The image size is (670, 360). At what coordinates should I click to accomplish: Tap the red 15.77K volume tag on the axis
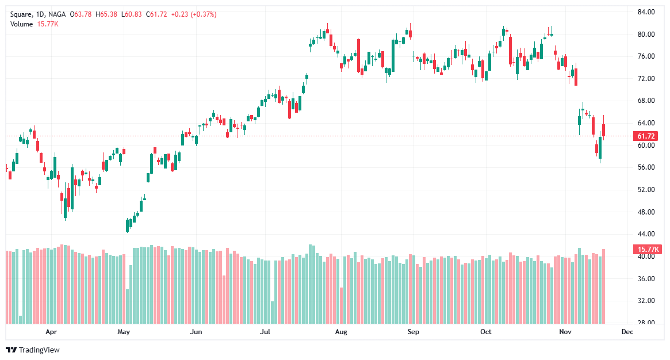(646, 250)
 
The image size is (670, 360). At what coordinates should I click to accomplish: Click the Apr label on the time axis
(52, 332)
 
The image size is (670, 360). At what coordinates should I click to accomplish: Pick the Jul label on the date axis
(265, 332)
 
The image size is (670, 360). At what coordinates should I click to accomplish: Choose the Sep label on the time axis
(412, 332)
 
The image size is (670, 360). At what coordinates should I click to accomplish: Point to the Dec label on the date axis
(627, 332)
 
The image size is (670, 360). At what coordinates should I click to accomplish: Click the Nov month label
(565, 332)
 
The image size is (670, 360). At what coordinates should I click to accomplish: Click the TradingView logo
(33, 350)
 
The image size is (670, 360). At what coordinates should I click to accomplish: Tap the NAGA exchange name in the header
(57, 14)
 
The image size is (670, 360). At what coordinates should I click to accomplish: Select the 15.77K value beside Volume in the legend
(48, 24)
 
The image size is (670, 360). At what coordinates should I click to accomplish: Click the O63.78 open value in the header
(82, 14)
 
